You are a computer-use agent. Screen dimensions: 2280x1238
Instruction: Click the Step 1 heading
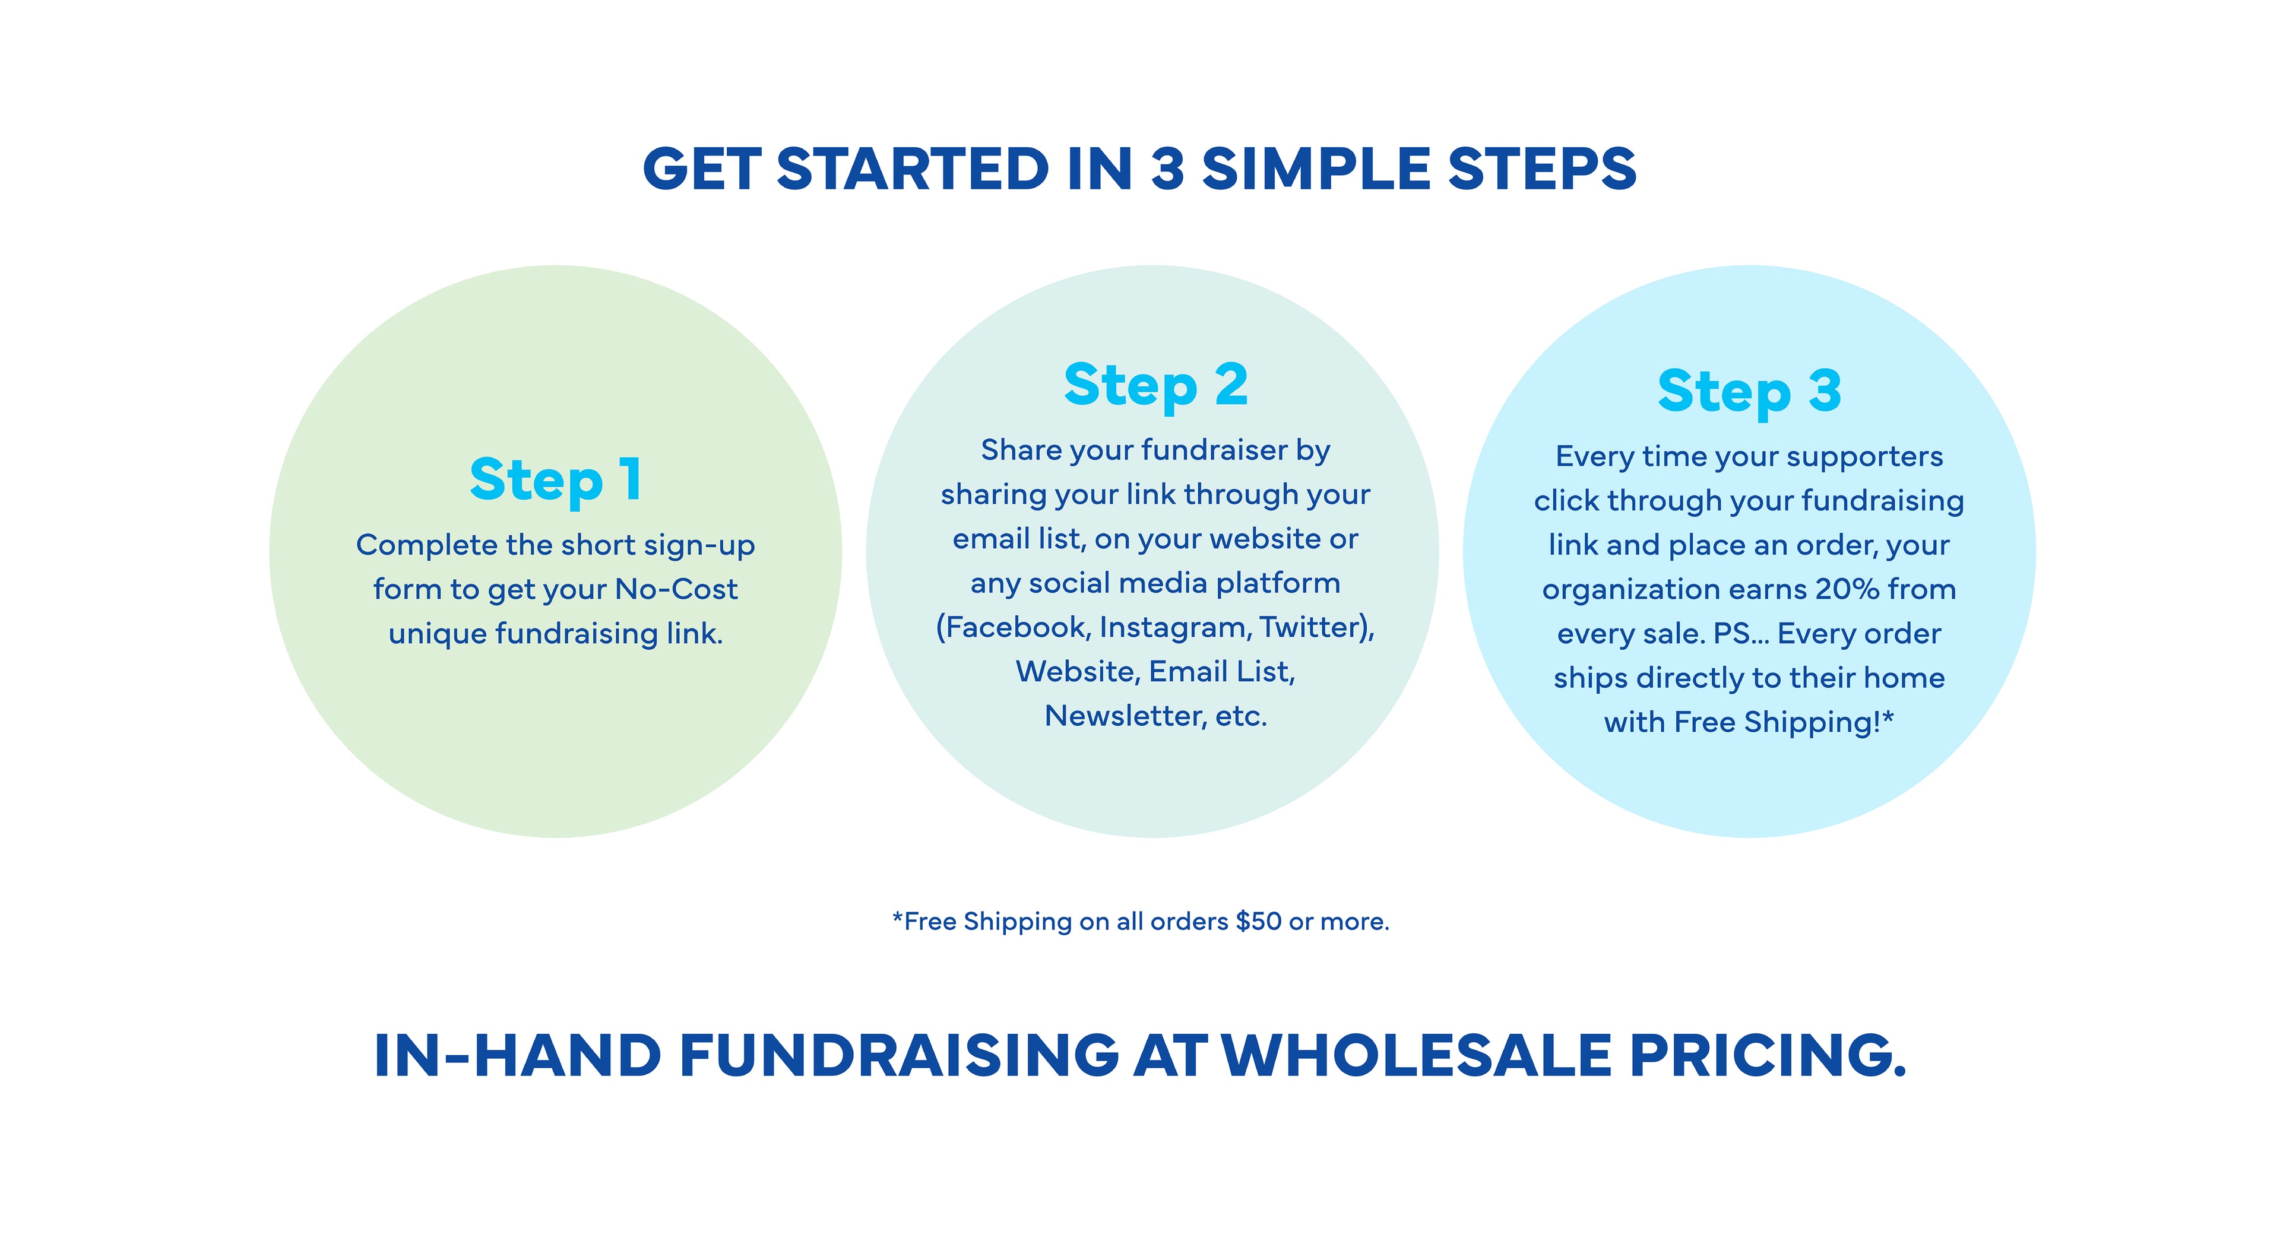click(x=556, y=481)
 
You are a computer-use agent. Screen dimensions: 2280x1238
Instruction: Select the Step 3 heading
click(x=1749, y=392)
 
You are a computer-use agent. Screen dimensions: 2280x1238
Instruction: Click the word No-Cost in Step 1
click(x=676, y=589)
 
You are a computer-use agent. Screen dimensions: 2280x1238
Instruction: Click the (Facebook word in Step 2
click(x=1012, y=627)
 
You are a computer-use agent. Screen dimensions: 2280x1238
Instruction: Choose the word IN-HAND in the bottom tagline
click(x=518, y=1056)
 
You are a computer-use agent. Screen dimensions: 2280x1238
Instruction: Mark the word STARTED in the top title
click(x=913, y=169)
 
